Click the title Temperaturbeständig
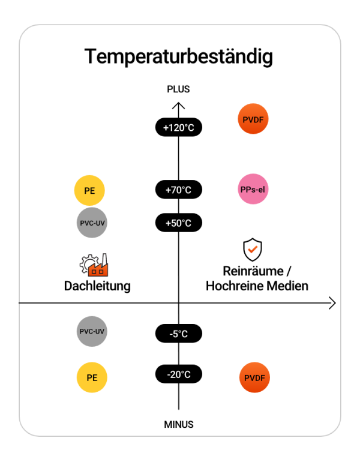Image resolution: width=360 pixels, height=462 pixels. click(x=179, y=57)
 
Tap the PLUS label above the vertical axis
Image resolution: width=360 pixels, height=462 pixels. click(x=178, y=89)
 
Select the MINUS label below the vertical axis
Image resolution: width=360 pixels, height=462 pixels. click(x=179, y=424)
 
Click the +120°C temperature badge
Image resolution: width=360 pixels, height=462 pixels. click(x=179, y=127)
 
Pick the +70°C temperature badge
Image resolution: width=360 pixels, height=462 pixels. click(x=179, y=190)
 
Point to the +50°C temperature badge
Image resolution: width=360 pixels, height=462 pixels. click(x=179, y=223)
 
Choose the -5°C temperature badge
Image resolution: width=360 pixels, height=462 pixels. click(x=179, y=334)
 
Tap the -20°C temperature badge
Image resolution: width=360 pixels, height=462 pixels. click(x=179, y=374)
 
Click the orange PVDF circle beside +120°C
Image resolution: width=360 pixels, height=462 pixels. click(x=253, y=119)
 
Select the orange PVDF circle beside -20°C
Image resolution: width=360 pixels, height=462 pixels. click(x=254, y=377)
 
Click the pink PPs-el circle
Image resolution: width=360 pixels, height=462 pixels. click(x=253, y=189)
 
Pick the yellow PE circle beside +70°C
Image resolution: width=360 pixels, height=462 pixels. click(x=89, y=190)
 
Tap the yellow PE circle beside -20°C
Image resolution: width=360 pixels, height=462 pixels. click(x=92, y=377)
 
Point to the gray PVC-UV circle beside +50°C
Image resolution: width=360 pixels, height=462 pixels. click(x=92, y=223)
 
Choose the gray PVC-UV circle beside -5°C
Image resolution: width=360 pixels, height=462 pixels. click(x=92, y=331)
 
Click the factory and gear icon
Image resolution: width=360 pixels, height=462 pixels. click(x=94, y=265)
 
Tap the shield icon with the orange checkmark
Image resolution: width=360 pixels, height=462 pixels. click(x=253, y=250)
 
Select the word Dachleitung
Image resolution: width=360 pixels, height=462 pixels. click(x=97, y=286)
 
